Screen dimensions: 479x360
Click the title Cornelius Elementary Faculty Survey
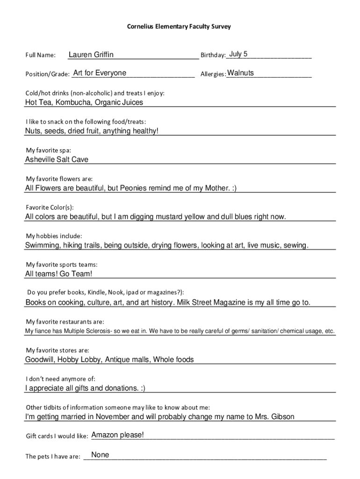[179, 27]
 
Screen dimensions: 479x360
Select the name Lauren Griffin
[91, 55]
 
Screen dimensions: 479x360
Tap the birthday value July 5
[238, 54]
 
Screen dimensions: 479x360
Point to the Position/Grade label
[47, 74]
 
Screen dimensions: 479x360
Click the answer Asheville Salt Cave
[57, 160]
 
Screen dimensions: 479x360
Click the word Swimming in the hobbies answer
[43, 245]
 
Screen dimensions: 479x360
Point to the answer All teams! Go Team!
[59, 274]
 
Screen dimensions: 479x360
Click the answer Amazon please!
[117, 435]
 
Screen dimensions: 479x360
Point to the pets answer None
[100, 455]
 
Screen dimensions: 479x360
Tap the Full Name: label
[41, 56]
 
